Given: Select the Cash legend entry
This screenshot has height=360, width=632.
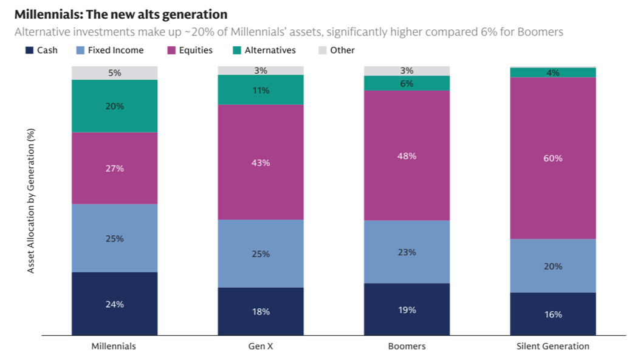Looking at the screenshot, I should [x=41, y=50].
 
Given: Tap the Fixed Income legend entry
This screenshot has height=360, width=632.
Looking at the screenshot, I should [x=109, y=50].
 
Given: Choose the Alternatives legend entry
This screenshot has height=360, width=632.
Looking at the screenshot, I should [x=264, y=50].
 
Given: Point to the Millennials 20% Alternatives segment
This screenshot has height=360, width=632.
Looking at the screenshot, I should [x=115, y=106].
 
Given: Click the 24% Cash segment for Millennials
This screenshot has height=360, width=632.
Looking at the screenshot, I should [x=115, y=303].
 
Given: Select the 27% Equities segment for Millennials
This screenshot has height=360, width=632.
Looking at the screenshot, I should [x=115, y=168].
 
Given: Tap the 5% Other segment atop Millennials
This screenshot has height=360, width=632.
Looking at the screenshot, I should [x=115, y=73].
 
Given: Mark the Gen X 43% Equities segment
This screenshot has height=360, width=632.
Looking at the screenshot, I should [x=261, y=162].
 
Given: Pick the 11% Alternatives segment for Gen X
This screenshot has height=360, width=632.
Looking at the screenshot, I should [x=261, y=90].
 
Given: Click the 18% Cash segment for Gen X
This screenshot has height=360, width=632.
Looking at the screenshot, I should [x=261, y=311].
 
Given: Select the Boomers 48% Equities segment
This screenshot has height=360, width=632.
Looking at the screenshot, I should [x=407, y=156].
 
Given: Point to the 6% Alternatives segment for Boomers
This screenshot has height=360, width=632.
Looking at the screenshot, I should [x=407, y=83].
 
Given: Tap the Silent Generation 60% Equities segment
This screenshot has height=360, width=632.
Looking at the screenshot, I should [x=552, y=158].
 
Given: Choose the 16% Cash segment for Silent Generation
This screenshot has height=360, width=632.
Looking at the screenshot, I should [x=552, y=314].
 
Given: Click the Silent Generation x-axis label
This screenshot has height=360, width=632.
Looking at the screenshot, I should [x=552, y=346].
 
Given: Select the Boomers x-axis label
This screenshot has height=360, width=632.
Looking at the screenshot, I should [x=407, y=346].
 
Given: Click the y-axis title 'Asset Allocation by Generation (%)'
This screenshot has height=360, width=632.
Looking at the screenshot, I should [x=31, y=200].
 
